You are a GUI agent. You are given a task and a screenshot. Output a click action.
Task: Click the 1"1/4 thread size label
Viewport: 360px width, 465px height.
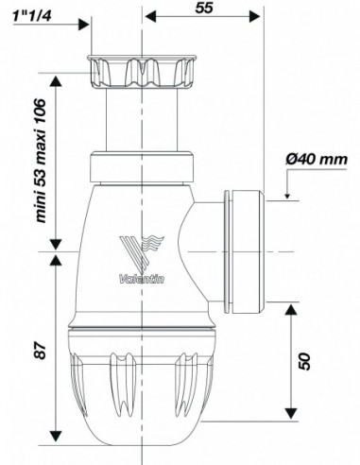(32, 16)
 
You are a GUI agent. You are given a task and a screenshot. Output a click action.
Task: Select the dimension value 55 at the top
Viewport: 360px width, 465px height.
(204, 8)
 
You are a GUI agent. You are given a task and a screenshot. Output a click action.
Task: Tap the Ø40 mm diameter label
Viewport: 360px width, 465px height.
(317, 160)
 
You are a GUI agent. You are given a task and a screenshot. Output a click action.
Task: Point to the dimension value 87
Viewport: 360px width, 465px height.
(40, 350)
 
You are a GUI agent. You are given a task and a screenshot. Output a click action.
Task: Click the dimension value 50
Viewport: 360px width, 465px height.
(304, 361)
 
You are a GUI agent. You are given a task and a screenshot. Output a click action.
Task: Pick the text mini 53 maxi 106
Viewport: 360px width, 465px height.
(41, 161)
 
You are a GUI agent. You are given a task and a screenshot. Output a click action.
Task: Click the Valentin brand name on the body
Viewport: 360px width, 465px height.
(142, 279)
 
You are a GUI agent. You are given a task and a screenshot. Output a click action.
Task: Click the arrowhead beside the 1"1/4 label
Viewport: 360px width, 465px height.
(83, 25)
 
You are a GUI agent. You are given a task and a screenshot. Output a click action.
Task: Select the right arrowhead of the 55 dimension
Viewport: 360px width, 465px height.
(254, 16)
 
